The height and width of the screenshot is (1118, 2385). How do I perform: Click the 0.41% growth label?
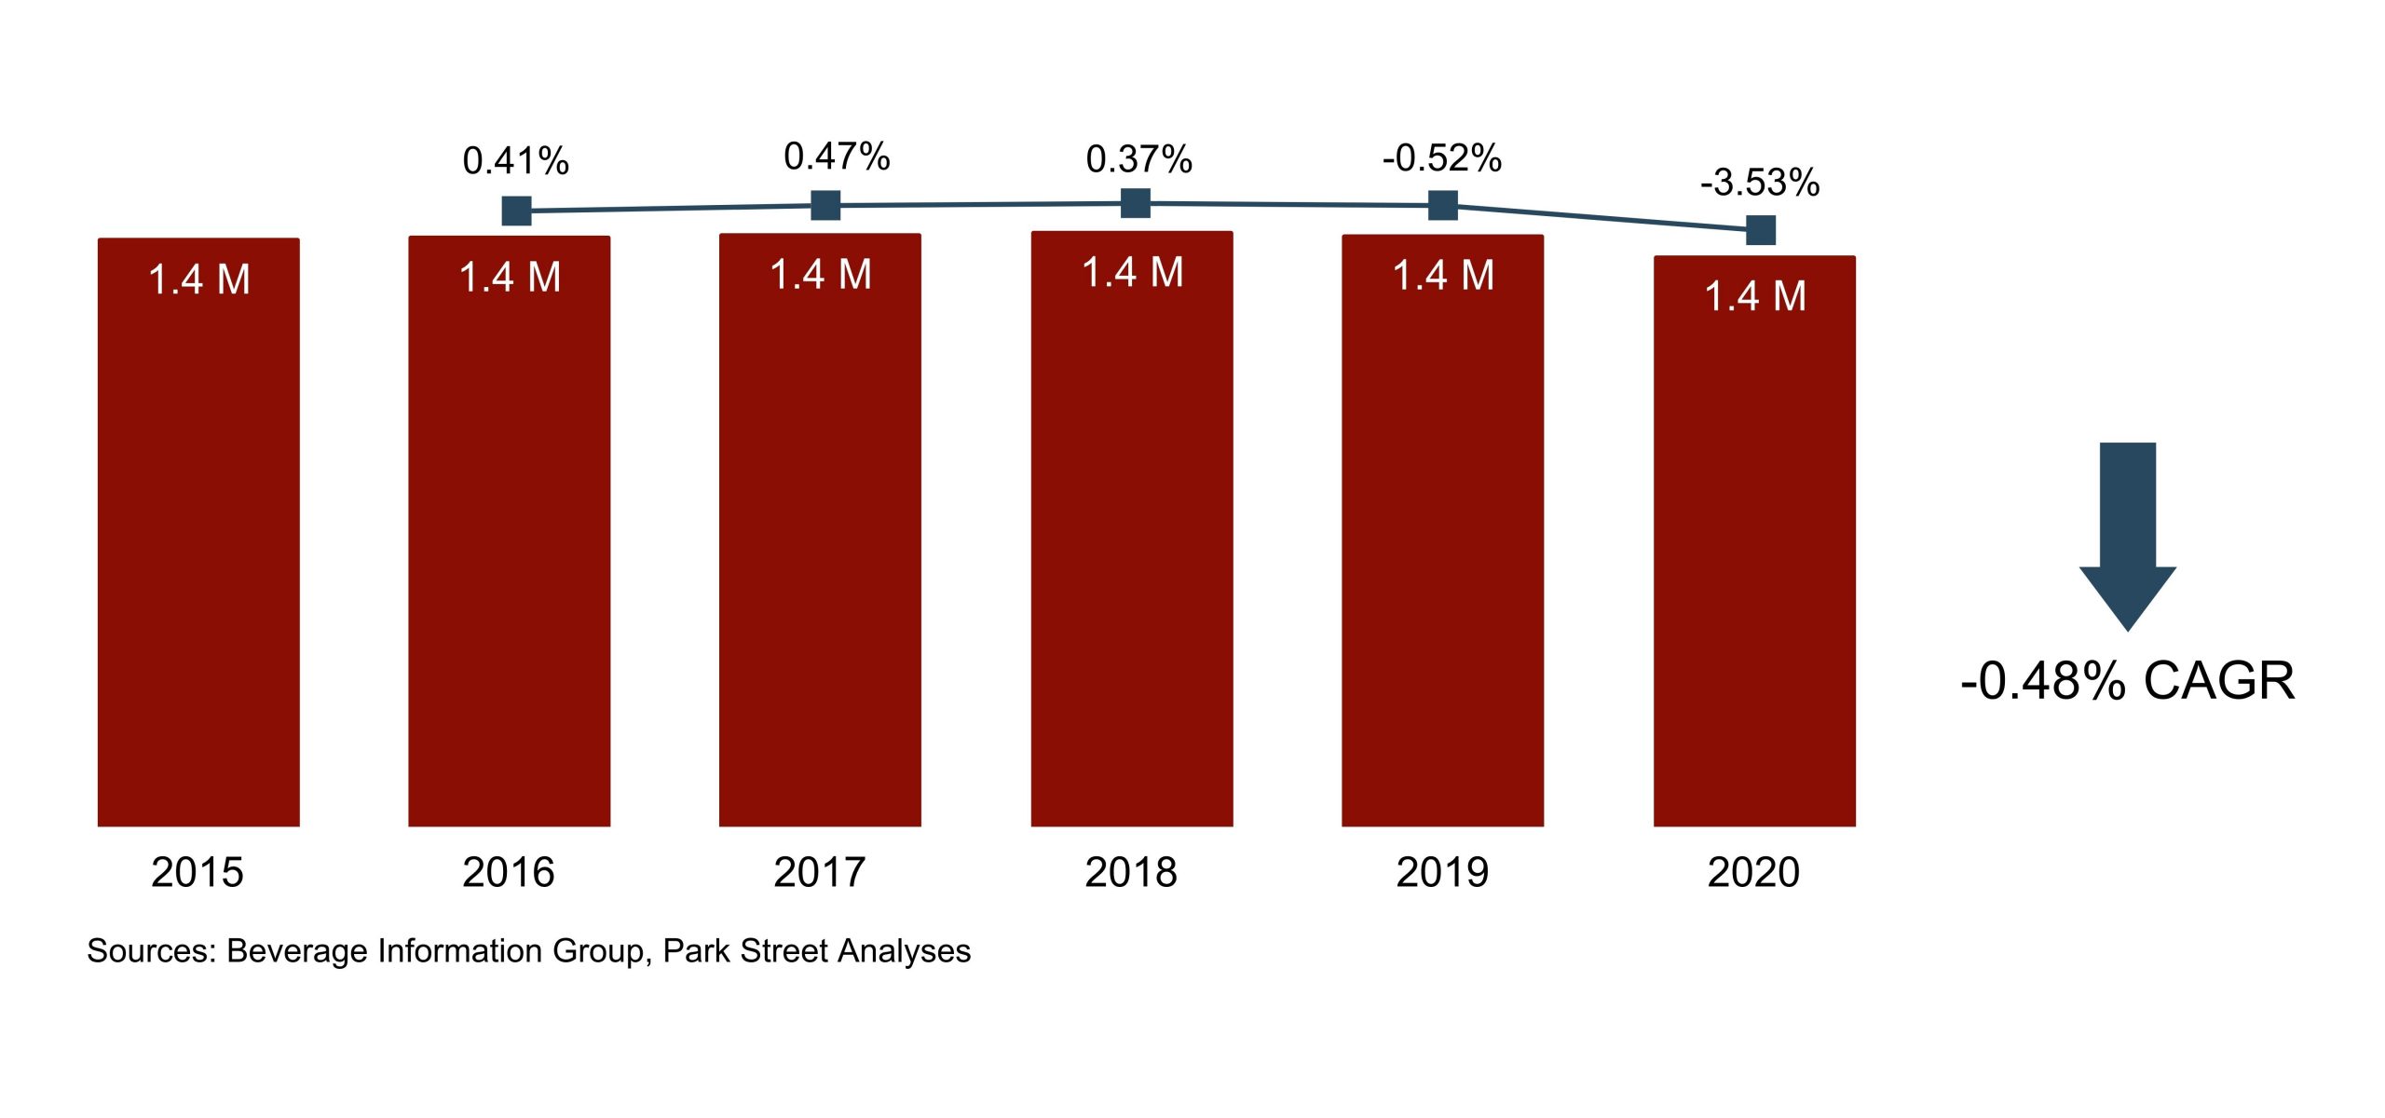coord(515,161)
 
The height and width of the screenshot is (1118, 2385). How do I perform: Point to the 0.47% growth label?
coord(837,157)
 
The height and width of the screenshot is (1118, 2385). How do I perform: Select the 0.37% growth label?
coord(1138,159)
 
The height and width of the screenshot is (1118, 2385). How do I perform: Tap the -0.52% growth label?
coord(1441,158)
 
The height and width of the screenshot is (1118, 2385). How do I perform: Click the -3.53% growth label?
coord(1759,183)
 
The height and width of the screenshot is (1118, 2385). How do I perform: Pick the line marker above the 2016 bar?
coord(516,211)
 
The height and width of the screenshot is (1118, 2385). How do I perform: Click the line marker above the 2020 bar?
coord(1760,229)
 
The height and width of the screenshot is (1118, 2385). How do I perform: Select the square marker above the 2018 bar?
coord(1135,202)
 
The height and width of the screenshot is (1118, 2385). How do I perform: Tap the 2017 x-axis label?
coord(819,873)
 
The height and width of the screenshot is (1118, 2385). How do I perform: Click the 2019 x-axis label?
coord(1441,873)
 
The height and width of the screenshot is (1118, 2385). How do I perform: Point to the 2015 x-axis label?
coord(198,873)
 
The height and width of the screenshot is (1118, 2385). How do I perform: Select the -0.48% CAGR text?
coord(2127,681)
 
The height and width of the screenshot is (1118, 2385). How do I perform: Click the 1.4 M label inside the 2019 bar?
coord(1442,276)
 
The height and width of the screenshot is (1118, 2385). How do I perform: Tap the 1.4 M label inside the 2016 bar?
coord(510,278)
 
